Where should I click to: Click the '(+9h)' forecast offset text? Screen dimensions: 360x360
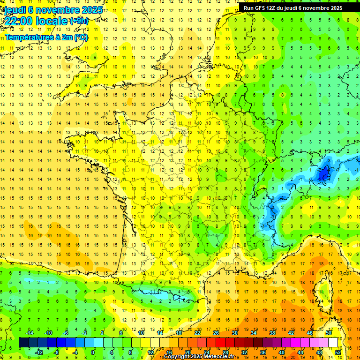pos(78,21)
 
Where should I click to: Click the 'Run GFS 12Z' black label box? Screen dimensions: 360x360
pos(292,7)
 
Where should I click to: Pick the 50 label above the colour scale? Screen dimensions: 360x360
pos(328,333)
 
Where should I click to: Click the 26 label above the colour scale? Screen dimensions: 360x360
pos(216,333)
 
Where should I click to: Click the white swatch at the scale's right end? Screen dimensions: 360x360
pos(333,343)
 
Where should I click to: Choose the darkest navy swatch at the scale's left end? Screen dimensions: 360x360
pos(23,343)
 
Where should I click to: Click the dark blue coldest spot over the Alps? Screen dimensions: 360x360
pos(323,175)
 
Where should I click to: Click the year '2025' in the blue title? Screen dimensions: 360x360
pos(85,9)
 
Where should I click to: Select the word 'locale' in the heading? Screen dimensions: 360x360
pos(50,21)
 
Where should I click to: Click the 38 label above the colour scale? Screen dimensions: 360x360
pos(272,333)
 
